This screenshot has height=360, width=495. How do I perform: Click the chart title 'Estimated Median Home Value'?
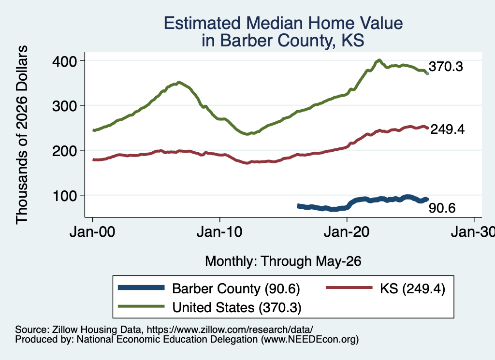tap(283, 23)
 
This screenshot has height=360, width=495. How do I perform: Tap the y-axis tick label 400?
tap(64, 61)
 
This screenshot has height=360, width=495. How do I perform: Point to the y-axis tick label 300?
tap(64, 106)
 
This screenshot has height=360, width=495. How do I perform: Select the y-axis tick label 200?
tap(64, 151)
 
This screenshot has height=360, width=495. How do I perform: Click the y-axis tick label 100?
tap(64, 196)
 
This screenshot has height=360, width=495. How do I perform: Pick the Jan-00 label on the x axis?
tap(92, 232)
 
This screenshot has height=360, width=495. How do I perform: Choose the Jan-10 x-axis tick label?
tap(219, 232)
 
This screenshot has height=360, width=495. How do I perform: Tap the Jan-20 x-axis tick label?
tap(347, 232)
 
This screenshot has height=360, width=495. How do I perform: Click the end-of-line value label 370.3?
tap(446, 67)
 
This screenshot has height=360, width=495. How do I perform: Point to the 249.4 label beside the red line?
tap(448, 130)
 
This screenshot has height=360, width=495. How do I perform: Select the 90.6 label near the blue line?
tap(442, 208)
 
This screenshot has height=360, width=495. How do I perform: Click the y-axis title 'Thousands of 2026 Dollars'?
tap(22, 135)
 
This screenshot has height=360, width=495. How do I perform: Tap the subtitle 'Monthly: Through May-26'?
tap(283, 261)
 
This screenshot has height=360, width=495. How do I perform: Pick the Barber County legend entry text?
tap(236, 288)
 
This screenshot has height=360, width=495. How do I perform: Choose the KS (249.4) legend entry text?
tap(413, 288)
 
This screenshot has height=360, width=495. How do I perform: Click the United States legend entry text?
tap(237, 308)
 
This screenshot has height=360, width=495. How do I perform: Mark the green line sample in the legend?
tap(141, 306)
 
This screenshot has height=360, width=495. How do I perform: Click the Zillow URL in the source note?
tap(230, 330)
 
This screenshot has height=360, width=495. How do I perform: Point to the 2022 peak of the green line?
tap(379, 60)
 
